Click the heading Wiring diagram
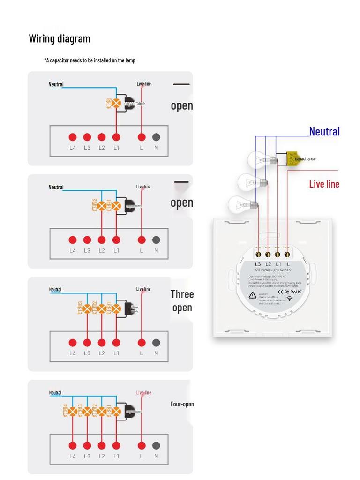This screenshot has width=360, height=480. click(60, 38)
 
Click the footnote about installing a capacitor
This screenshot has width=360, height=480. click(90, 60)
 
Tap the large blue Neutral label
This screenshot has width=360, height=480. click(324, 132)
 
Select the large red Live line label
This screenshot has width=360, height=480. click(324, 184)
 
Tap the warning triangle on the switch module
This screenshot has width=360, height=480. click(253, 295)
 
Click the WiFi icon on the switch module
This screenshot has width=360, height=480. click(289, 299)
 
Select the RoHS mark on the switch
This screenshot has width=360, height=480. click(296, 292)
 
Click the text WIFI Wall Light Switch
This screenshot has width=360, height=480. click(272, 270)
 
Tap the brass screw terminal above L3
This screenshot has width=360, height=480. click(258, 255)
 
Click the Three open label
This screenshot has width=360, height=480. click(182, 301)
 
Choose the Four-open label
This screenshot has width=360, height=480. click(182, 404)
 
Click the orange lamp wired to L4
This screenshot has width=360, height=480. click(73, 412)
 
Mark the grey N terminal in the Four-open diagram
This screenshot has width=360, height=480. click(156, 445)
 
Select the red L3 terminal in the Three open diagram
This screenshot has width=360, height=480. click(87, 343)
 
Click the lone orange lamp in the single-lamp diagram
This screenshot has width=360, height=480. click(116, 103)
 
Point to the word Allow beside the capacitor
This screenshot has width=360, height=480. click(135, 307)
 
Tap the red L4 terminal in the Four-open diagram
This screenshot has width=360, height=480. click(73, 445)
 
